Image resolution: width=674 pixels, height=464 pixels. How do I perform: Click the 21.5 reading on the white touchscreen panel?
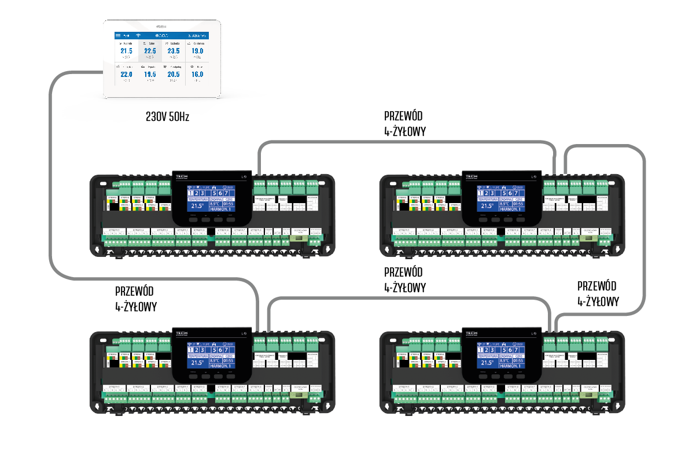[126, 51]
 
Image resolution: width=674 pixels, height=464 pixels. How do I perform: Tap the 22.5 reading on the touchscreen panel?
[150, 51]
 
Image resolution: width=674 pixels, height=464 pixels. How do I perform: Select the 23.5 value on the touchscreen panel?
[174, 51]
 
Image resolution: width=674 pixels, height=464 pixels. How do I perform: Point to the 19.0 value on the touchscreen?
[197, 51]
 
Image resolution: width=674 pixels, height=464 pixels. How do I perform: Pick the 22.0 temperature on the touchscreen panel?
[126, 75]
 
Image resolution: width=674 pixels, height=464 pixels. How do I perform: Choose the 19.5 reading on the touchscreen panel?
[150, 75]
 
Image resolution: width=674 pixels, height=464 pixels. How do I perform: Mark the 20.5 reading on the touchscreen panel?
[174, 75]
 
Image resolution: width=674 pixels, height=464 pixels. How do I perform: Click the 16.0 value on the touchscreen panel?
[197, 75]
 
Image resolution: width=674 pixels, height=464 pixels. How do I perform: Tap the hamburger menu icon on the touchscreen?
[118, 35]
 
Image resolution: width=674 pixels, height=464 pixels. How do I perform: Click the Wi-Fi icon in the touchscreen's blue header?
[138, 35]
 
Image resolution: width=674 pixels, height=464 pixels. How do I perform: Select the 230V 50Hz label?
[167, 117]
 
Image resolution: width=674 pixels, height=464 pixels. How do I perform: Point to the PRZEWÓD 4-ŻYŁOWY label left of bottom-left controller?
[135, 298]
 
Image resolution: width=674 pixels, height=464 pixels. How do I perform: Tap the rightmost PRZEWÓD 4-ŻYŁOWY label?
[598, 293]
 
